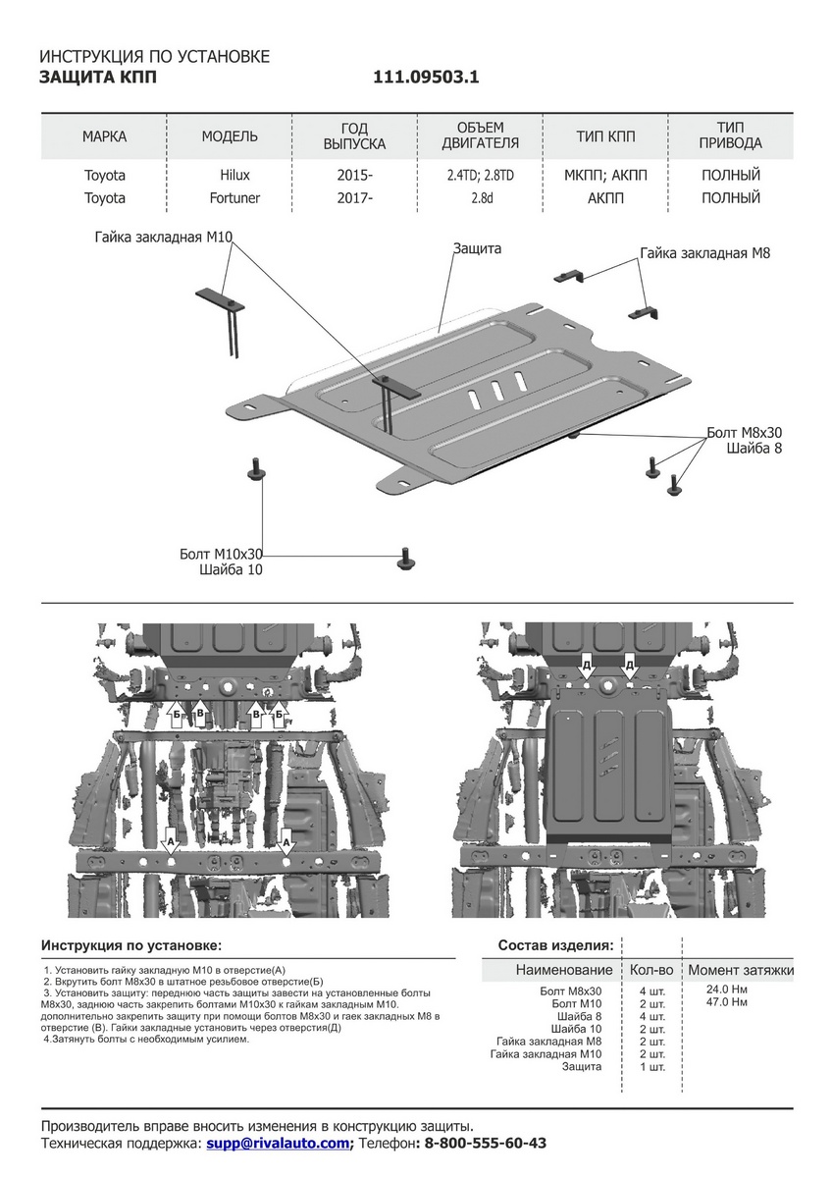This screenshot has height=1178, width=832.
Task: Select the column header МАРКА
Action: pos(104,135)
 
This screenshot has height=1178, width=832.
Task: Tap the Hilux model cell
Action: pos(234,176)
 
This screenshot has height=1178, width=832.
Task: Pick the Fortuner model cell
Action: pos(234,198)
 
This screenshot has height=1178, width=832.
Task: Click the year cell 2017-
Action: pos(354,198)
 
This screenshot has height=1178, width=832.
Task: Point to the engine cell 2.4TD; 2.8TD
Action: pos(480,176)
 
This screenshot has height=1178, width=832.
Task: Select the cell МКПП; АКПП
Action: pos(605,176)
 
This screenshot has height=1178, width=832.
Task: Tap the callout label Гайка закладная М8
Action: pos(704,253)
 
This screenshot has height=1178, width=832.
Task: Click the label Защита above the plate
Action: pos(477,249)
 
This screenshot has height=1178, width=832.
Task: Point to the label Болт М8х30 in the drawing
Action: pos(745,433)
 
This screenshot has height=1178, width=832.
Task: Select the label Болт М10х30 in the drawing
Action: pos(222,554)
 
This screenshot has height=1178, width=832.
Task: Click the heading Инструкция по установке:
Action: pos(131,945)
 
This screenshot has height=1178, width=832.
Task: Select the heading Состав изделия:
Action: pos(556,945)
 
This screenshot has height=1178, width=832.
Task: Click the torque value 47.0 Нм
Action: pos(727,1003)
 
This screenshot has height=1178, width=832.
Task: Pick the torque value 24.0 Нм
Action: pos(727,990)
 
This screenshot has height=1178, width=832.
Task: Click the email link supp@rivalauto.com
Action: pos(278,1144)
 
